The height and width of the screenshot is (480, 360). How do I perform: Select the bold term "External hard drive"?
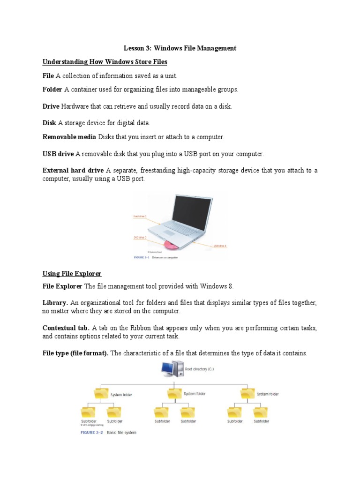[x=73, y=171]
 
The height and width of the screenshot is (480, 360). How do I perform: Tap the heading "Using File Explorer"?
[x=72, y=274]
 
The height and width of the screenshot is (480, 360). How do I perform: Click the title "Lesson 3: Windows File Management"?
[x=180, y=48]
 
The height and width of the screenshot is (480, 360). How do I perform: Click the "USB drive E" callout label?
[x=220, y=245]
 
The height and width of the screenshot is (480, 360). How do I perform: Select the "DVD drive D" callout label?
[x=140, y=238]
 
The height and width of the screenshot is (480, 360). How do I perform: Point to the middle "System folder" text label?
[x=195, y=394]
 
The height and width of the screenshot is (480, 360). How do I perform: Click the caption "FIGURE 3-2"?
[x=90, y=433]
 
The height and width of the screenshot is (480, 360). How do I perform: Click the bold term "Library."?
[x=55, y=304]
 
